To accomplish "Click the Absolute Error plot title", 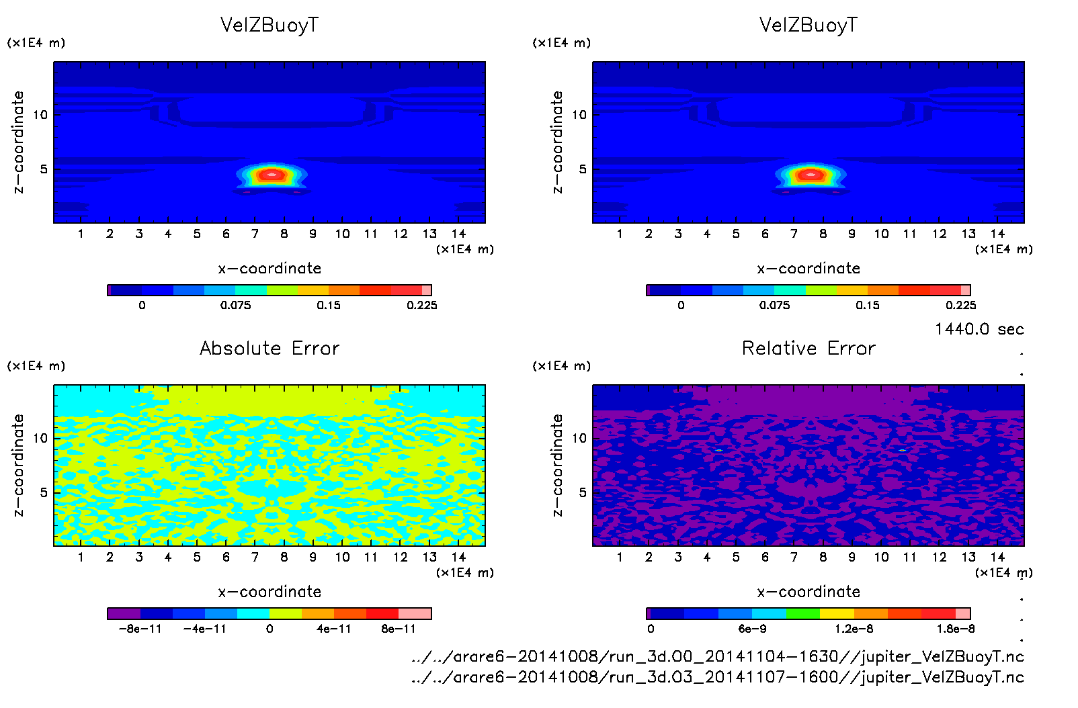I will [269, 348].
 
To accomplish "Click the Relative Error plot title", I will [809, 348].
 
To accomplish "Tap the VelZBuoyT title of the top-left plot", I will [269, 25].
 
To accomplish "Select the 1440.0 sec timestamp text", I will [979, 329].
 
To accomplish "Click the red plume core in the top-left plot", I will [272, 175].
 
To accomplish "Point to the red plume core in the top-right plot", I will [811, 175].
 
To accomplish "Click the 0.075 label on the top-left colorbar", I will [235, 305].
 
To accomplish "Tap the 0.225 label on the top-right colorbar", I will [961, 305].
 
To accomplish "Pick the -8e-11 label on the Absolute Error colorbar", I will [140, 629].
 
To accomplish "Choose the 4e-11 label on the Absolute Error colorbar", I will [334, 629].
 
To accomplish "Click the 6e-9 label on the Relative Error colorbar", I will [752, 629].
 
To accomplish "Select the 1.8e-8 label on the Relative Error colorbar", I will [956, 629].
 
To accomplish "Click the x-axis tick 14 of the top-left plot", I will [458, 234].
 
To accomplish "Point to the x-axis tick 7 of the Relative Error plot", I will [794, 557].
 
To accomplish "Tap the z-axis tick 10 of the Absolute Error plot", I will [40, 438].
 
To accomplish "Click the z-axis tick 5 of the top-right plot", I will [583, 169].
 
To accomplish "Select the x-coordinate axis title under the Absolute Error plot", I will [269, 592].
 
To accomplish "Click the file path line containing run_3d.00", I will [718, 656].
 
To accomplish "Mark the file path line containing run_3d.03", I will [718, 677].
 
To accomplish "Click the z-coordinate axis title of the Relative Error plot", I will [556, 465].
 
